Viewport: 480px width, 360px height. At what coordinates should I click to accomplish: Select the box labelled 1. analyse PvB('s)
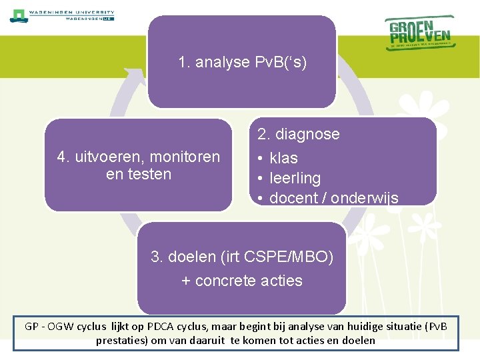[241, 61]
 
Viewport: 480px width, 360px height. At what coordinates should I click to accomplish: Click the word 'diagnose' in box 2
[307, 134]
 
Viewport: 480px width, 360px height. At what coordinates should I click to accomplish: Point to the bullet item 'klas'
[283, 158]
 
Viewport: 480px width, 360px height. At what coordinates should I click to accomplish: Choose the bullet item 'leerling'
[295, 178]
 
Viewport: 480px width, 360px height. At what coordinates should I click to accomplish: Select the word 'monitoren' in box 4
[185, 157]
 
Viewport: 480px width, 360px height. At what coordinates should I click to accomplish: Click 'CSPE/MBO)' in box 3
[296, 257]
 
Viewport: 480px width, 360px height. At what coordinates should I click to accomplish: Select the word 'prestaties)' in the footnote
[121, 340]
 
